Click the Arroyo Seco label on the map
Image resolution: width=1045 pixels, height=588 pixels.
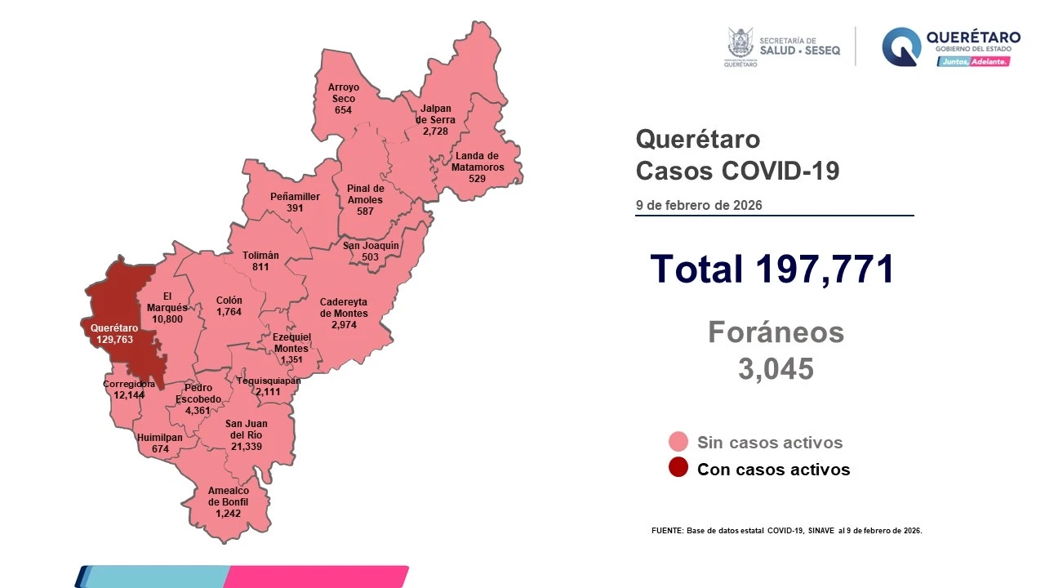pyautogui.click(x=343, y=92)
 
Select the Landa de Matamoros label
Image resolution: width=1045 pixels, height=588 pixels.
pyautogui.click(x=477, y=162)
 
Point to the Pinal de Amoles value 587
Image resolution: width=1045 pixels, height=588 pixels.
pyautogui.click(x=364, y=212)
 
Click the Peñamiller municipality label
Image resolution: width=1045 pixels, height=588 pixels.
pyautogui.click(x=295, y=197)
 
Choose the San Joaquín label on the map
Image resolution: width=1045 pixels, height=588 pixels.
pyautogui.click(x=371, y=245)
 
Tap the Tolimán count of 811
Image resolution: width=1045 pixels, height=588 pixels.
pyautogui.click(x=260, y=267)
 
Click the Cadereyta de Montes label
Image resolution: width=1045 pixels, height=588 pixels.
pyautogui.click(x=344, y=307)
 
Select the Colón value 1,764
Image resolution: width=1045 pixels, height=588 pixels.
pyautogui.click(x=229, y=312)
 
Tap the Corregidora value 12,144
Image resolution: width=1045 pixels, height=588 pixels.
pyautogui.click(x=129, y=395)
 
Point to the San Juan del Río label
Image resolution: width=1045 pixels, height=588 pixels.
pyautogui.click(x=246, y=429)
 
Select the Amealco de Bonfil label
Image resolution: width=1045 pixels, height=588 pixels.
pyautogui.click(x=229, y=496)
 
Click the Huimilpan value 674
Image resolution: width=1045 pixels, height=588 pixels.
pyautogui.click(x=160, y=448)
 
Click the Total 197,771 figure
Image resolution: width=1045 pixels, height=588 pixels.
pyautogui.click(x=772, y=269)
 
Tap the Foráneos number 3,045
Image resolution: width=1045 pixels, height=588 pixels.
pyautogui.click(x=776, y=369)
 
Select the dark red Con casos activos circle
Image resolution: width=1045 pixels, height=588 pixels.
pyautogui.click(x=678, y=469)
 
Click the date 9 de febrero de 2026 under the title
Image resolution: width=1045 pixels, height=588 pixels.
pyautogui.click(x=699, y=205)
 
